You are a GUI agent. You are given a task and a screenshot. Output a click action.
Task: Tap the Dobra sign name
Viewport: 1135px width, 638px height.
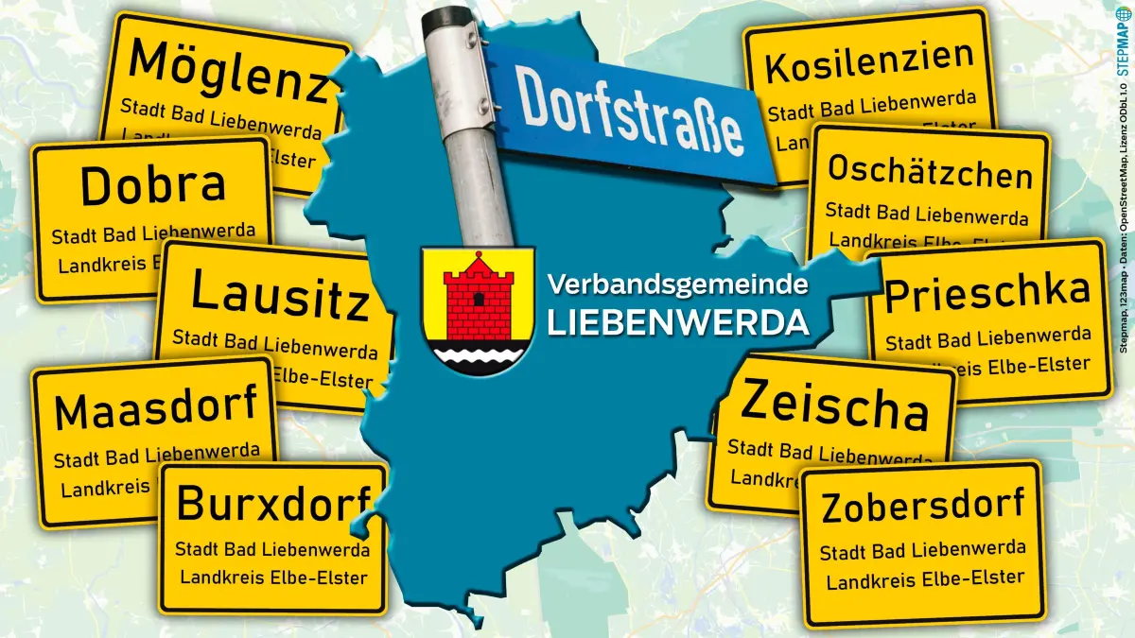tap(152, 185)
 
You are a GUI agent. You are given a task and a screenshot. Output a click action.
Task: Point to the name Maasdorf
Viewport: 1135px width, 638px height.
tap(156, 409)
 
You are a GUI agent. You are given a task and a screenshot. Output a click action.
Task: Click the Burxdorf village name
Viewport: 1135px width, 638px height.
tap(271, 504)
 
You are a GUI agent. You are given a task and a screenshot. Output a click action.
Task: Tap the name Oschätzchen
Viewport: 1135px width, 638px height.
tap(930, 173)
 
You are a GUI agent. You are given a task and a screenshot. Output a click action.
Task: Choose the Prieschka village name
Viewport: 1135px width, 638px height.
tap(987, 292)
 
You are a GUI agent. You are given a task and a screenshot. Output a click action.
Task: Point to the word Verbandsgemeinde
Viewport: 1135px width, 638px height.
tap(678, 284)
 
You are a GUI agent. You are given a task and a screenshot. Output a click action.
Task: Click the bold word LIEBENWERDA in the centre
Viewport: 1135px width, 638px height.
tap(678, 322)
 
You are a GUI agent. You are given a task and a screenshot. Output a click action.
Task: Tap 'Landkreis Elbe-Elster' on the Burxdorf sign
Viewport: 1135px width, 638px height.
tap(273, 577)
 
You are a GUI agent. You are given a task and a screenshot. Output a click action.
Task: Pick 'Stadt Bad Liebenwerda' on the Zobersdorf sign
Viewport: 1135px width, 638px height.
tap(922, 550)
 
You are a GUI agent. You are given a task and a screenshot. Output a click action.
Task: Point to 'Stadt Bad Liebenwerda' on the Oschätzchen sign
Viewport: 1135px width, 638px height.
tap(927, 213)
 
